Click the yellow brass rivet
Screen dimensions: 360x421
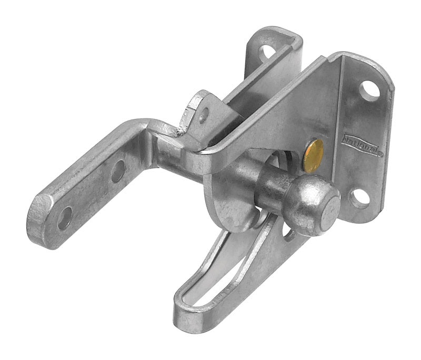coord(314,156)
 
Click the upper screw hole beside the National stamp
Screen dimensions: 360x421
coord(371,90)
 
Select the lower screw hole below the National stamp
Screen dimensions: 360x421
coord(360,198)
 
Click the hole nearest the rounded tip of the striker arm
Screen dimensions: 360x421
coord(65,217)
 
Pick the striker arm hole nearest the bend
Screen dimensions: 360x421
coord(118,171)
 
